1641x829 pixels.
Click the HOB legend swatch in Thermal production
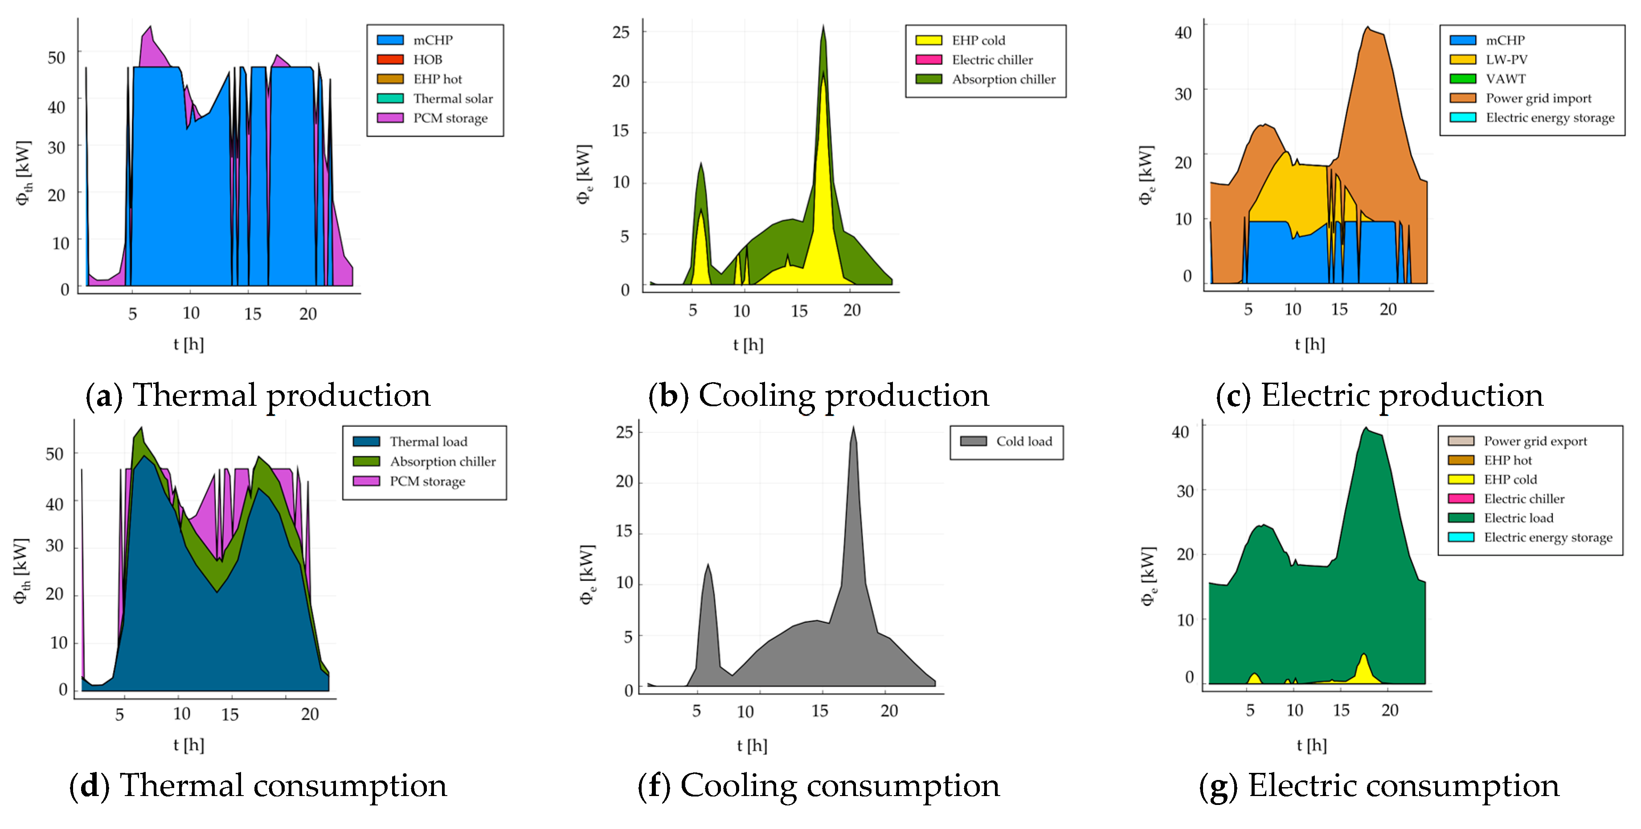tap(390, 59)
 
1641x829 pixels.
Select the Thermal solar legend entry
tap(452, 99)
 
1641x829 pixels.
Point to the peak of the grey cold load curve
tap(854, 428)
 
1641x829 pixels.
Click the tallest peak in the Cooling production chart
tap(823, 27)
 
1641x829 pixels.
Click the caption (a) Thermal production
tap(258, 396)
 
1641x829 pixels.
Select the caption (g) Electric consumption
tap(1379, 785)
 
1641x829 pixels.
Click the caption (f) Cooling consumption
tap(818, 785)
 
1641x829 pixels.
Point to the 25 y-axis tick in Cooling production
tap(621, 32)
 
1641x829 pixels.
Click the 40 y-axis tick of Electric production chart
tap(1183, 33)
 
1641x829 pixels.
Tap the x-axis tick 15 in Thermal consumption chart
tap(230, 715)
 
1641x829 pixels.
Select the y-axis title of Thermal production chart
tap(23, 172)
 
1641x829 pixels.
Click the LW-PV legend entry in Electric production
tap(1506, 59)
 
